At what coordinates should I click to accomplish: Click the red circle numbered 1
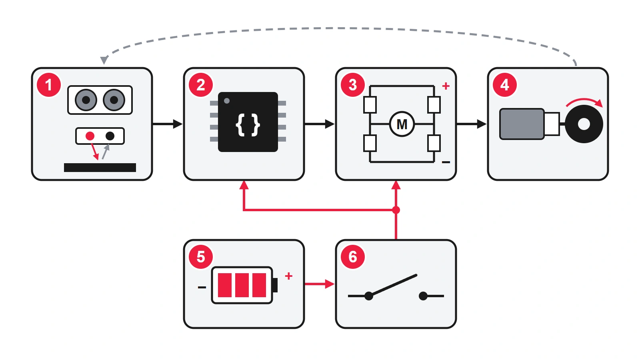[x=49, y=85]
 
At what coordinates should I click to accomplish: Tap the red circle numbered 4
[x=505, y=85]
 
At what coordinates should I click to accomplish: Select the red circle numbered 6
[x=353, y=256]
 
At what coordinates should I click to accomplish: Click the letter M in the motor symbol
[x=402, y=124]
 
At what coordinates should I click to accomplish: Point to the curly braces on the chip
[x=248, y=125]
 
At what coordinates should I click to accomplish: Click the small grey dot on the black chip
[x=227, y=101]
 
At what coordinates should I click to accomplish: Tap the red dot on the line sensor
[x=90, y=136]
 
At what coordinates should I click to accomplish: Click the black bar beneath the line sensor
[x=100, y=168]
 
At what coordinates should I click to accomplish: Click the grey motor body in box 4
[x=522, y=124]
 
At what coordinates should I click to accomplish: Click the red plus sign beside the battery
[x=289, y=276]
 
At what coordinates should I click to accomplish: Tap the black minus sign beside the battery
[x=202, y=287]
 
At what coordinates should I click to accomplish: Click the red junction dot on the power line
[x=396, y=210]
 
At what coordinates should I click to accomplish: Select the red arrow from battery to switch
[x=320, y=284]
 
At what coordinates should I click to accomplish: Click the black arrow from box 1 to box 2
[x=168, y=124]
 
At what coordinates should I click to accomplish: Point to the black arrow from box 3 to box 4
[x=472, y=124]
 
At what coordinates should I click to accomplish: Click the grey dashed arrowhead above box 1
[x=104, y=60]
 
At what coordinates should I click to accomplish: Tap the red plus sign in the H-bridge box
[x=446, y=86]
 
